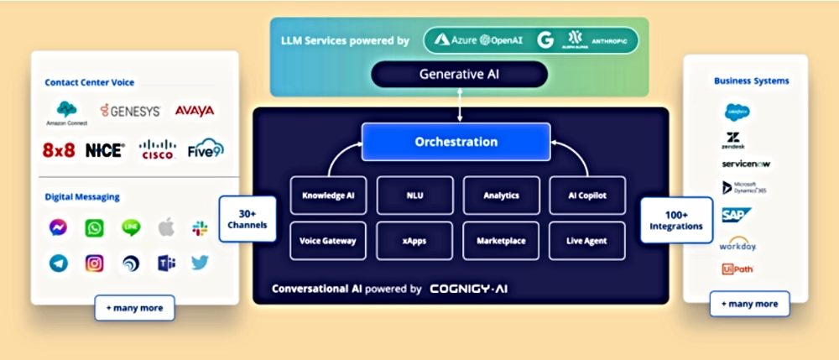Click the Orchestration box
[x=456, y=142]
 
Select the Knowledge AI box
[x=328, y=196]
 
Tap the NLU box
[x=414, y=196]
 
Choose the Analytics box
[x=500, y=196]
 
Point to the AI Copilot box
[x=586, y=196]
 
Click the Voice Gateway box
[x=328, y=241]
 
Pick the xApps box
[x=414, y=241]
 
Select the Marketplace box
[x=500, y=241]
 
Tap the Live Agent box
[x=586, y=241]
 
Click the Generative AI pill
[x=459, y=74]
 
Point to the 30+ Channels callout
[x=248, y=220]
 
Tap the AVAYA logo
[x=194, y=110]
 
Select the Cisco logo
[x=157, y=150]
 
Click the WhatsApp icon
[x=95, y=227]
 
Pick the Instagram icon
[x=95, y=263]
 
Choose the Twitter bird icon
[x=200, y=263]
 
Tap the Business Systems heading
[x=751, y=81]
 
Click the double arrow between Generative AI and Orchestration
[x=459, y=105]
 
